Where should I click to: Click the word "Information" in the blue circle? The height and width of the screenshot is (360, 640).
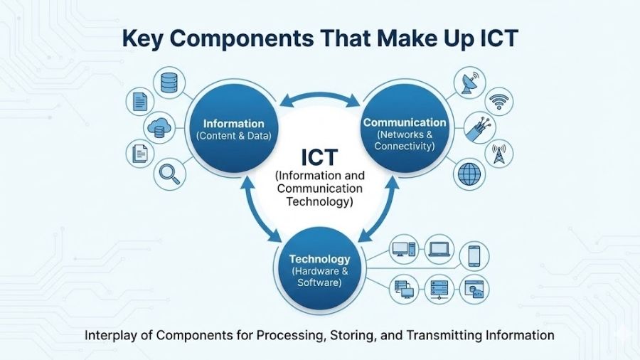234,123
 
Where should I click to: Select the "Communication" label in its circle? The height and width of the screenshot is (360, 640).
405,122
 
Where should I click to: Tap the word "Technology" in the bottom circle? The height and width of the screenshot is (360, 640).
319,259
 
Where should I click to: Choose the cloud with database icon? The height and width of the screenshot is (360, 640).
159,128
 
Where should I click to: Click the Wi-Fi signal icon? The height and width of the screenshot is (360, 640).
501,101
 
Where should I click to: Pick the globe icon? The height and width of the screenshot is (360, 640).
469,173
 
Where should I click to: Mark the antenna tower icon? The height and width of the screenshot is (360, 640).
500,152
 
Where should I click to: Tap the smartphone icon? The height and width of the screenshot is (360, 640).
474,255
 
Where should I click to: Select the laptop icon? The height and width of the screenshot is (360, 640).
439,249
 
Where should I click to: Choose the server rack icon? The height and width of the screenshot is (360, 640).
439,289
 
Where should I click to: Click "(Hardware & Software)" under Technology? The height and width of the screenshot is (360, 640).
319,277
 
